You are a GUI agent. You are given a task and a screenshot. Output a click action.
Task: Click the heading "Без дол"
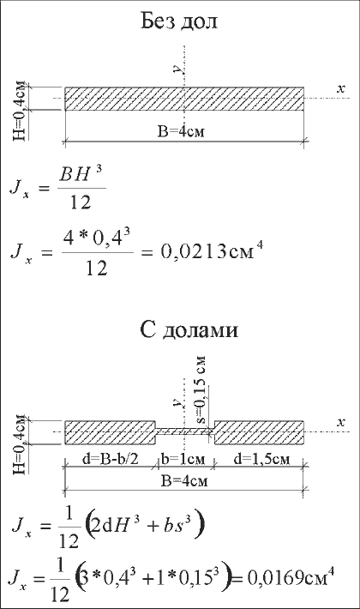pos(179,21)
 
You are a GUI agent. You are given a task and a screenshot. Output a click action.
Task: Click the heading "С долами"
pos(189,330)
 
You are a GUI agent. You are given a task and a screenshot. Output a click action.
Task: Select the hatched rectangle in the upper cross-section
pos(184,99)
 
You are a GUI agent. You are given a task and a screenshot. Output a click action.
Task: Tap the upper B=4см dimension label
pos(181,132)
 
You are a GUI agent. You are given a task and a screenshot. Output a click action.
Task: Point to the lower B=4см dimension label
pos(184,481)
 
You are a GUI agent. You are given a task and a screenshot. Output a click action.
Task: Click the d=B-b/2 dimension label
pos(111,459)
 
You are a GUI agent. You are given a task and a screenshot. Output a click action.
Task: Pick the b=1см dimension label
pos(183,459)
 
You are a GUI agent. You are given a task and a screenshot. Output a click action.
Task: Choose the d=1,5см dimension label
pos(261,459)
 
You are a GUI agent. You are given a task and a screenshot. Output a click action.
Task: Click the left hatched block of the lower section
pos(111,432)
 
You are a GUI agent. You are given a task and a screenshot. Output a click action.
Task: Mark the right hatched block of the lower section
pos(259,432)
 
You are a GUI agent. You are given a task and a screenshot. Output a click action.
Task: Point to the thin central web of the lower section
pos(185,432)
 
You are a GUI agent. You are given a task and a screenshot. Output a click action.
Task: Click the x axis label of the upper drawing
pos(340,88)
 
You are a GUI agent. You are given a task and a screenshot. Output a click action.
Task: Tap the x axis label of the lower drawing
pos(340,422)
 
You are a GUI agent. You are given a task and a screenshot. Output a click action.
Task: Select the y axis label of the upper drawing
pos(177,69)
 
